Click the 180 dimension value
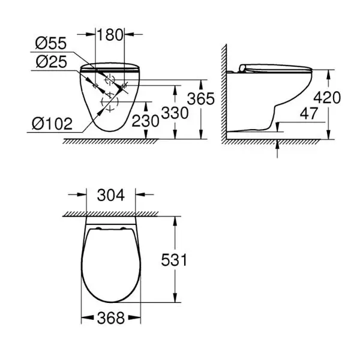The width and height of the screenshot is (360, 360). pyautogui.click(x=110, y=35)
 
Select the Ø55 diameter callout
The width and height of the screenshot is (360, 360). pyautogui.click(x=51, y=43)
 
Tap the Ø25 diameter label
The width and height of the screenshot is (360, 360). pyautogui.click(x=52, y=62)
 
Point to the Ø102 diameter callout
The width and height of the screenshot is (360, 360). pyautogui.click(x=52, y=124)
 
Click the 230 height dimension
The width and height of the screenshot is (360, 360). pyautogui.click(x=145, y=121)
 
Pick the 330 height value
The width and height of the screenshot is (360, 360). pyautogui.click(x=175, y=113)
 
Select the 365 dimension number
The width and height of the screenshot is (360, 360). pyautogui.click(x=200, y=99)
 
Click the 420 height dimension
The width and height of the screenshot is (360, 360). pyautogui.click(x=327, y=97)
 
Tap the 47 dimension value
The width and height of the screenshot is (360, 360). pyautogui.click(x=309, y=113)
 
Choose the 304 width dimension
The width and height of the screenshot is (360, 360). pyautogui.click(x=111, y=195)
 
